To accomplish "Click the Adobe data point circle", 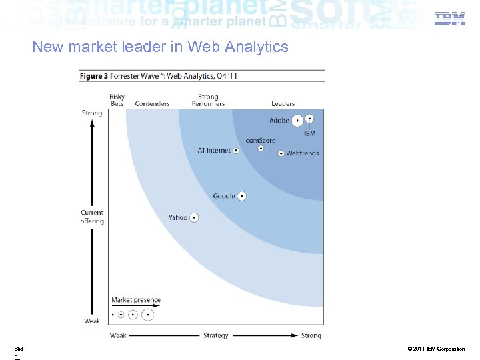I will [297, 121].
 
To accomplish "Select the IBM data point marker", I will [310, 119].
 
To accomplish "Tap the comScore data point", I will [261, 149].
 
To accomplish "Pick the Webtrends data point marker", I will [281, 153].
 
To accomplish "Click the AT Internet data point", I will [235, 151].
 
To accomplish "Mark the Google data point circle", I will [241, 196].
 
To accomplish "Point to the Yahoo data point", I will [194, 217].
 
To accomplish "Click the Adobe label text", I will [279, 121].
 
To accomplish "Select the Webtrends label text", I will [303, 153].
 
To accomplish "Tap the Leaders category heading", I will [283, 104].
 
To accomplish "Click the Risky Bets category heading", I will [117, 101].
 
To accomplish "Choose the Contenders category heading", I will [152, 104].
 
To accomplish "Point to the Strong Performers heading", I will [208, 101].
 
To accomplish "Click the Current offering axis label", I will [92, 217].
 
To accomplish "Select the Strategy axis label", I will [215, 335].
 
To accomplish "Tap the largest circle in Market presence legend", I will [148, 314].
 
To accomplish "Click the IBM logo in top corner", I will [449, 19].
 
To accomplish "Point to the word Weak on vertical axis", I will [92, 321].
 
